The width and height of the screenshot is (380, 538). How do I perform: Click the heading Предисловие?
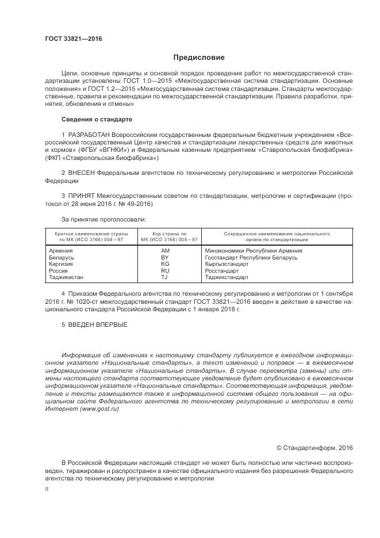(x=199, y=58)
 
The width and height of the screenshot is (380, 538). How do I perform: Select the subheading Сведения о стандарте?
(x=97, y=119)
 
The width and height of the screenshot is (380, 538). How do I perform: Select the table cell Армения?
(x=61, y=251)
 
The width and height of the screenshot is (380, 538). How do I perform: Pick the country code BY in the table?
(x=165, y=258)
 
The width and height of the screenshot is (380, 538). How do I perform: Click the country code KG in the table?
(x=165, y=264)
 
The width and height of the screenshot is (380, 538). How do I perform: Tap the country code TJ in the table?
(x=164, y=277)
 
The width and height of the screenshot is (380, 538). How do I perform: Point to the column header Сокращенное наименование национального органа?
(x=268, y=237)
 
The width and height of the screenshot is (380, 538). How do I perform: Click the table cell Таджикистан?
(x=66, y=277)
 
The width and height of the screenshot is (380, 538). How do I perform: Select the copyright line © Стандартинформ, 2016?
(x=314, y=447)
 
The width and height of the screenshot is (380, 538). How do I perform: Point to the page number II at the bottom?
(x=47, y=488)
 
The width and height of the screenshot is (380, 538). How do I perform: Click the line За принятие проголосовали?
(x=103, y=219)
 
